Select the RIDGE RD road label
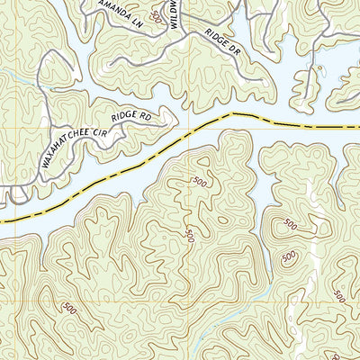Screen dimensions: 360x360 (x=131, y=116)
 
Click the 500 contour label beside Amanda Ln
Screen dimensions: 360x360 (x=159, y=17)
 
